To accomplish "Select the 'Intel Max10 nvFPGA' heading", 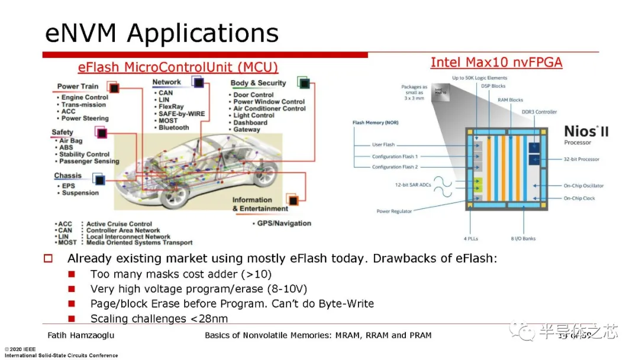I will pos(496,62).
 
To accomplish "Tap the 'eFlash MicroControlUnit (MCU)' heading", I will pos(178,67).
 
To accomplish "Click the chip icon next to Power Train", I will pos(114,88).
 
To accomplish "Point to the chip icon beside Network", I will pos(198,82).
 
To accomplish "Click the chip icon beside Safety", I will pos(102,133).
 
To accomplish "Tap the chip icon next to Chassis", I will pos(98,178).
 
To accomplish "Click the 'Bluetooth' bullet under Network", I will pos(173,127).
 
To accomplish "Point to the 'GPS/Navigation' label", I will pos(284,223).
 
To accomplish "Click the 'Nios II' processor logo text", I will pos(585,132).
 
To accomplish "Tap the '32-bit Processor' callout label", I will pos(581,159).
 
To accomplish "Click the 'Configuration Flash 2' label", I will pos(395,167).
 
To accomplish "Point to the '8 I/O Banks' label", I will pos(523,239).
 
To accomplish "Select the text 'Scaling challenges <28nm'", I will pos(159,319).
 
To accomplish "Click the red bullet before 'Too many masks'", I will pos(72,274).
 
